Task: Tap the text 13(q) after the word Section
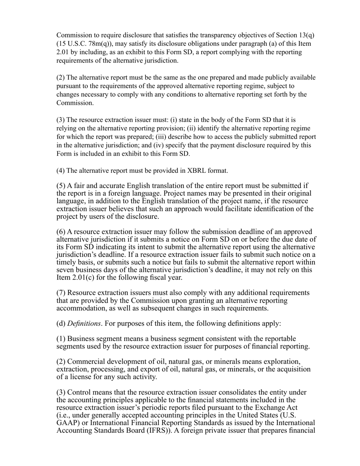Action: click(306, 35)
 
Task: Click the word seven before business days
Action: click(66, 270)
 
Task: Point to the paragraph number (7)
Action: click(61, 293)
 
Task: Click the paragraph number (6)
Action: click(61, 232)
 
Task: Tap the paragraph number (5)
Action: click(61, 186)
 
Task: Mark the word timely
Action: click(66, 262)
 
